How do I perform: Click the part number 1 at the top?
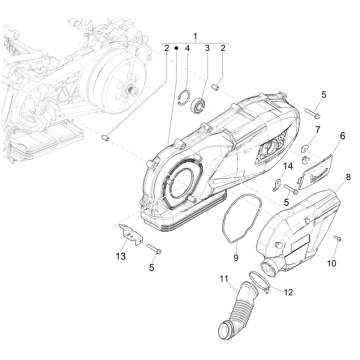click(x=196, y=36)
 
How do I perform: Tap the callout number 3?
click(x=207, y=48)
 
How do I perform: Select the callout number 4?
click(x=187, y=48)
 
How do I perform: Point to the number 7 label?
click(x=317, y=129)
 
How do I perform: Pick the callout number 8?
click(x=348, y=177)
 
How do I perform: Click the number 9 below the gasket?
click(x=236, y=257)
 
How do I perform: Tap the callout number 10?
click(x=332, y=263)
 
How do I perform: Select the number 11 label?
click(x=224, y=279)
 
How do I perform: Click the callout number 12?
click(x=288, y=292)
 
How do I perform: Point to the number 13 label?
click(x=121, y=256)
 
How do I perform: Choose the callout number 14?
click(x=288, y=166)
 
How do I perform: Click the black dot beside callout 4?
click(x=177, y=48)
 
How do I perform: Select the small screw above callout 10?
click(x=338, y=238)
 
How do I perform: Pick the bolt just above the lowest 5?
click(x=153, y=249)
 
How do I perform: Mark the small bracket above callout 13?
click(x=131, y=234)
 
